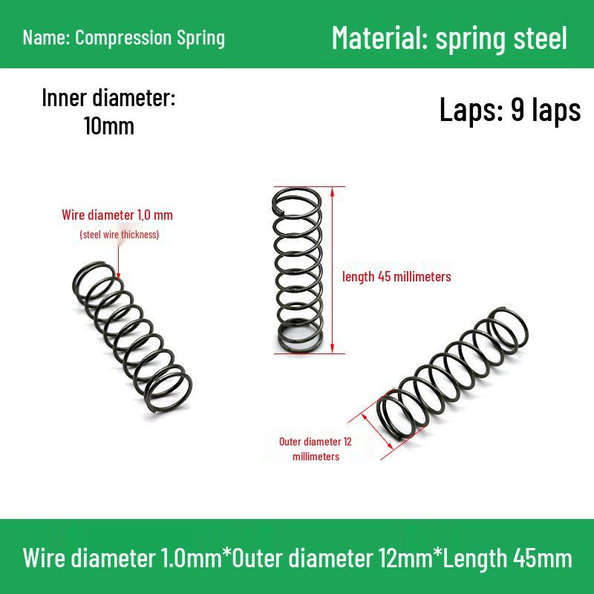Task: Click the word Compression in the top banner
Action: (123, 39)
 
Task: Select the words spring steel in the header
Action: (501, 39)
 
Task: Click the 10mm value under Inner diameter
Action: (109, 126)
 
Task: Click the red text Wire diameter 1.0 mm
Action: (117, 215)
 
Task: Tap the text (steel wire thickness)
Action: (120, 235)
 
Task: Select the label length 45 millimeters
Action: (396, 276)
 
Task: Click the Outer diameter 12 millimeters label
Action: (316, 449)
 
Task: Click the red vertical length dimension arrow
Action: (332, 270)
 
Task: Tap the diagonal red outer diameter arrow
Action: (377, 431)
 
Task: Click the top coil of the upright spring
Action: (296, 189)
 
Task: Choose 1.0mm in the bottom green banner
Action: (192, 558)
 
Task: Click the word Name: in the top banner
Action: (46, 38)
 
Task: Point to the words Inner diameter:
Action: (108, 98)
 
